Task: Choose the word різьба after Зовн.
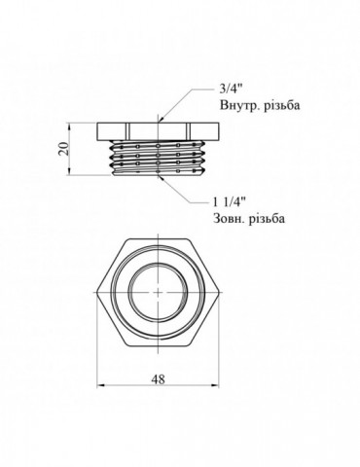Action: click(270, 221)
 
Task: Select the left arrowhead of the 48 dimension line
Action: click(103, 392)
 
